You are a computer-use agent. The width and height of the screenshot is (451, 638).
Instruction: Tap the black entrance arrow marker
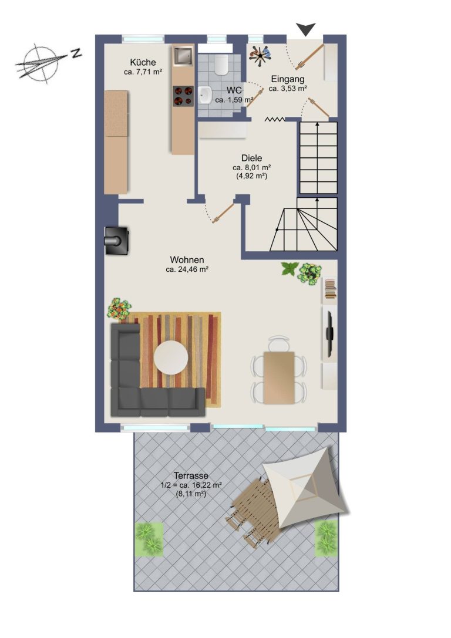tap(306, 29)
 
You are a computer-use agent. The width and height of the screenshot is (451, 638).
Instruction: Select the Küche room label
tap(143, 62)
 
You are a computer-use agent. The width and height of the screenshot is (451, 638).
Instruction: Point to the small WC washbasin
tap(206, 95)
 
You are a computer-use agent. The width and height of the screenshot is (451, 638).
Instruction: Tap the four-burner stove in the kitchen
tap(183, 96)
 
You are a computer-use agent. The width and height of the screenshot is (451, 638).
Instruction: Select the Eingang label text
tap(288, 79)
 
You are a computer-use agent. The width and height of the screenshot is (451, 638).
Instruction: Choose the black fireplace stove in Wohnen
tap(117, 241)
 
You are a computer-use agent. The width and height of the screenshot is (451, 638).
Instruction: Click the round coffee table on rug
tap(171, 358)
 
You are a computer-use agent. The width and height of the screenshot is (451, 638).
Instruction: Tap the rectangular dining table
tap(279, 377)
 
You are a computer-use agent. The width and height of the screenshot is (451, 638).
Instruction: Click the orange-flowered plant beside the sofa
tap(119, 308)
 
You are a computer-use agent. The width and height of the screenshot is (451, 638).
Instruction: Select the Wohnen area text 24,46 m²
tap(187, 269)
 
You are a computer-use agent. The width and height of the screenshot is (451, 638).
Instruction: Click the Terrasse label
tap(191, 475)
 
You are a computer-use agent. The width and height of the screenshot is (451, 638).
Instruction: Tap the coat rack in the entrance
tap(260, 55)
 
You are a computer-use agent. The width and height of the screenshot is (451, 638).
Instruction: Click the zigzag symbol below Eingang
tap(275, 119)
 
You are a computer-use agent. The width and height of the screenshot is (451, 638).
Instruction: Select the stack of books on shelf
tap(330, 288)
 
